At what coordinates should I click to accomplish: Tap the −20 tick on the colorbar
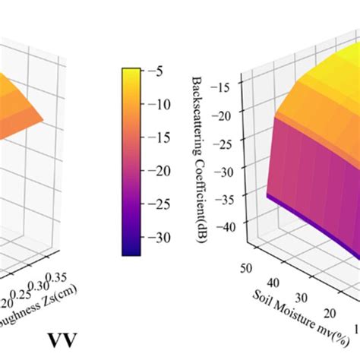point(156,172)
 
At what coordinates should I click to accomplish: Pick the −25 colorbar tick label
point(156,204)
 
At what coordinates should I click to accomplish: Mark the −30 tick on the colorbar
point(156,237)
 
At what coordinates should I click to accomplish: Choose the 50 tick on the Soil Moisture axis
point(244,268)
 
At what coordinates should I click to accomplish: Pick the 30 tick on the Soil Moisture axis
point(301,297)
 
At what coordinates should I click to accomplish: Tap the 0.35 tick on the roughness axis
point(75,276)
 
